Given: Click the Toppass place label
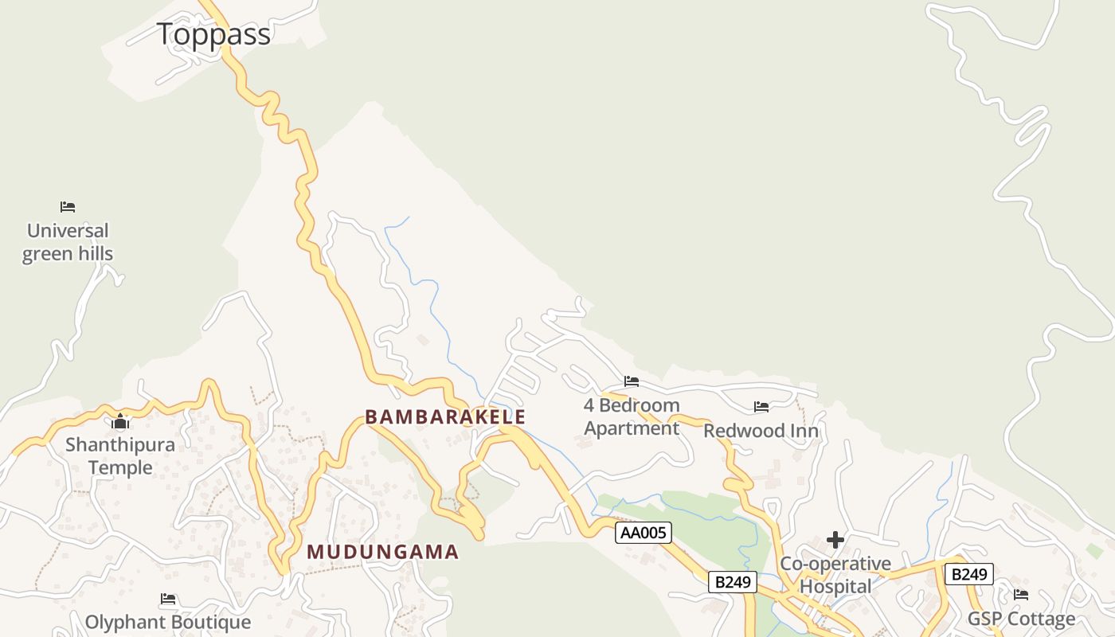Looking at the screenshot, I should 213,34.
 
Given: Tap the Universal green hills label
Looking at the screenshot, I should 68,242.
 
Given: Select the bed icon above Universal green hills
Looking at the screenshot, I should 68,207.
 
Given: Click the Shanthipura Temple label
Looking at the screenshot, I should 120,455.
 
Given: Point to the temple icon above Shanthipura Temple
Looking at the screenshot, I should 121,421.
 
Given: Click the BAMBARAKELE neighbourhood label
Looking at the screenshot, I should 445,416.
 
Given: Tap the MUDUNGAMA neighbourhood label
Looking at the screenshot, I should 383,552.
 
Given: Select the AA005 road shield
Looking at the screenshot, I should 644,533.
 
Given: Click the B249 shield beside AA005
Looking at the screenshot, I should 733,582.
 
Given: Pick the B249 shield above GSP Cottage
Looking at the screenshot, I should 969,574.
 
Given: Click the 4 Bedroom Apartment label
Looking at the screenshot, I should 632,416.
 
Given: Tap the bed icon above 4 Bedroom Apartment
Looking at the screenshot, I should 632,381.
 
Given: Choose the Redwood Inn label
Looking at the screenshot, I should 761,432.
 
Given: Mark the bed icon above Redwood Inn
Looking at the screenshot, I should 761,407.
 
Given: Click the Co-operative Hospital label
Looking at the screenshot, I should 835,575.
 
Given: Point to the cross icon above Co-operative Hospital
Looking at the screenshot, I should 835,541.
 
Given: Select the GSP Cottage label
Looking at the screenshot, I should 1021,619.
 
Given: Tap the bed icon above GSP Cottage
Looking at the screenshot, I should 1021,595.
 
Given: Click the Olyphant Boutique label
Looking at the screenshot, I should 168,622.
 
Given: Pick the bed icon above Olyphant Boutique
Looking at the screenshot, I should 168,599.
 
